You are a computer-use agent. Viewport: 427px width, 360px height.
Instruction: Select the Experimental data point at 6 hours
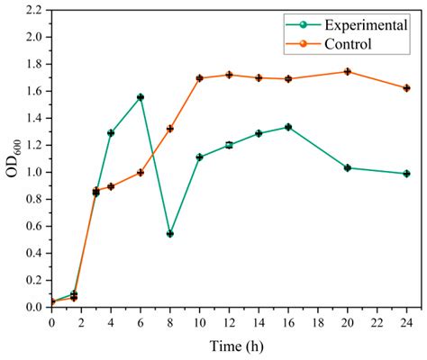tap(141, 97)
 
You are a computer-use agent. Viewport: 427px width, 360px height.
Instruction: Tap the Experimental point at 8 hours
tap(170, 233)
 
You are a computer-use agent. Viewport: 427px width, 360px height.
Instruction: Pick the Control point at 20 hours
tap(348, 71)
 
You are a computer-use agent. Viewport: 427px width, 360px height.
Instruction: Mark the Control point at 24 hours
tap(407, 88)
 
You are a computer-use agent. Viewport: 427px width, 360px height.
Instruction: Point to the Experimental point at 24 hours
tap(407, 174)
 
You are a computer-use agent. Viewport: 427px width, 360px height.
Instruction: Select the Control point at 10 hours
tap(200, 78)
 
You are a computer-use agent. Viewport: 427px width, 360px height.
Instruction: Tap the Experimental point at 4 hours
tap(111, 132)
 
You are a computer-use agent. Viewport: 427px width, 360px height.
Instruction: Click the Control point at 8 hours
tap(170, 129)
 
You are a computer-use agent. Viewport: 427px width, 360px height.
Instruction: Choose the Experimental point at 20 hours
tap(348, 167)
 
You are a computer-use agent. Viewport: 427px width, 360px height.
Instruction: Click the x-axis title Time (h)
tap(230, 346)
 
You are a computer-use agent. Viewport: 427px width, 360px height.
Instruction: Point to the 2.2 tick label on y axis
tap(35, 11)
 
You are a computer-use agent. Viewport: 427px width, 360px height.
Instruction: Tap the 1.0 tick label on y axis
tap(35, 172)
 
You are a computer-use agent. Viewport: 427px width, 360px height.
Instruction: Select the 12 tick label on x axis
tap(229, 320)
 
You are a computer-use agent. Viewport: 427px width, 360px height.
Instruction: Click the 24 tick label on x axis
tap(407, 320)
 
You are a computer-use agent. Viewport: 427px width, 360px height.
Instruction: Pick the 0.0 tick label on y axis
tap(35, 307)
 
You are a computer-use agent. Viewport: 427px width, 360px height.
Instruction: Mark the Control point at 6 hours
tap(141, 173)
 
